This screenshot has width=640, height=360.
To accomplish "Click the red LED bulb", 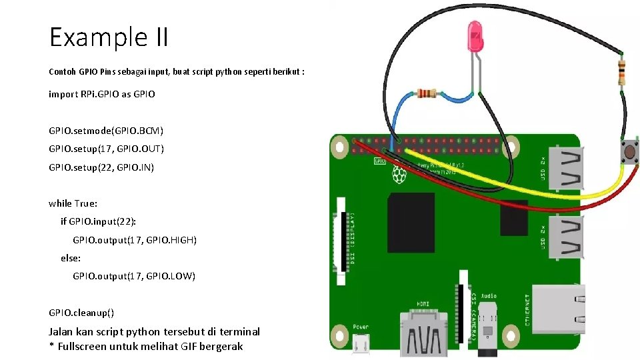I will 475,37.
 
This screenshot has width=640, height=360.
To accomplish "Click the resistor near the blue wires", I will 426,93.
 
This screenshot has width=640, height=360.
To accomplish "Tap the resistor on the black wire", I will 621,69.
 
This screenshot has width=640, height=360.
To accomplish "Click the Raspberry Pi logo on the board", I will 399,175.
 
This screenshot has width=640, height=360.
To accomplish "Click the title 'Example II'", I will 109,37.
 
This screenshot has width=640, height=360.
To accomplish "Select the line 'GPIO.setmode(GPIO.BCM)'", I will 106,130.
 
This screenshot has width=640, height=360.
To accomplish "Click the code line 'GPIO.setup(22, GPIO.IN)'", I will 101,167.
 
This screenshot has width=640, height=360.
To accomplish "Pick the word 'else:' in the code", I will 71,257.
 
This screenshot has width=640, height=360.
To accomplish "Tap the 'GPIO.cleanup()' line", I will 81,312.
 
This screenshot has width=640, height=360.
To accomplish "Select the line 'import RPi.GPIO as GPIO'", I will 102,94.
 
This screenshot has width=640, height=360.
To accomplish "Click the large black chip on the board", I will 412,213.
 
